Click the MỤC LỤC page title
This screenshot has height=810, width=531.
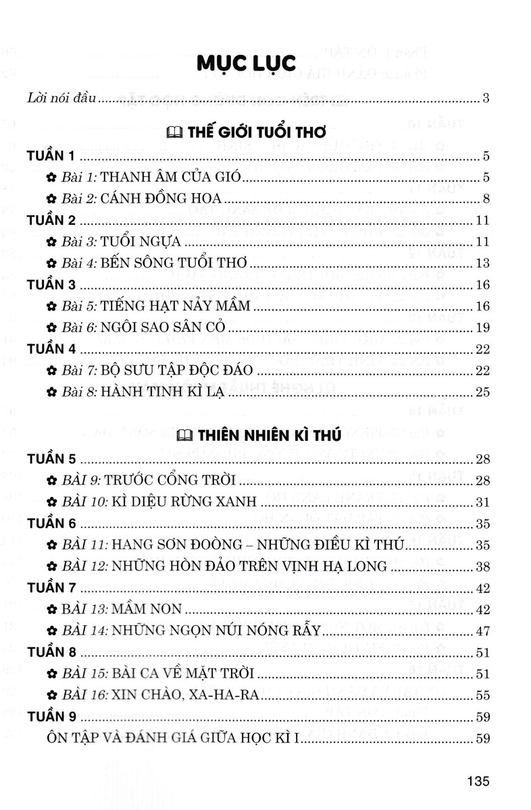click(246, 63)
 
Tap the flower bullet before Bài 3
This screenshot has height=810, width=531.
click(51, 242)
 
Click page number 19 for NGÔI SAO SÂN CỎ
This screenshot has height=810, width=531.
click(482, 327)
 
